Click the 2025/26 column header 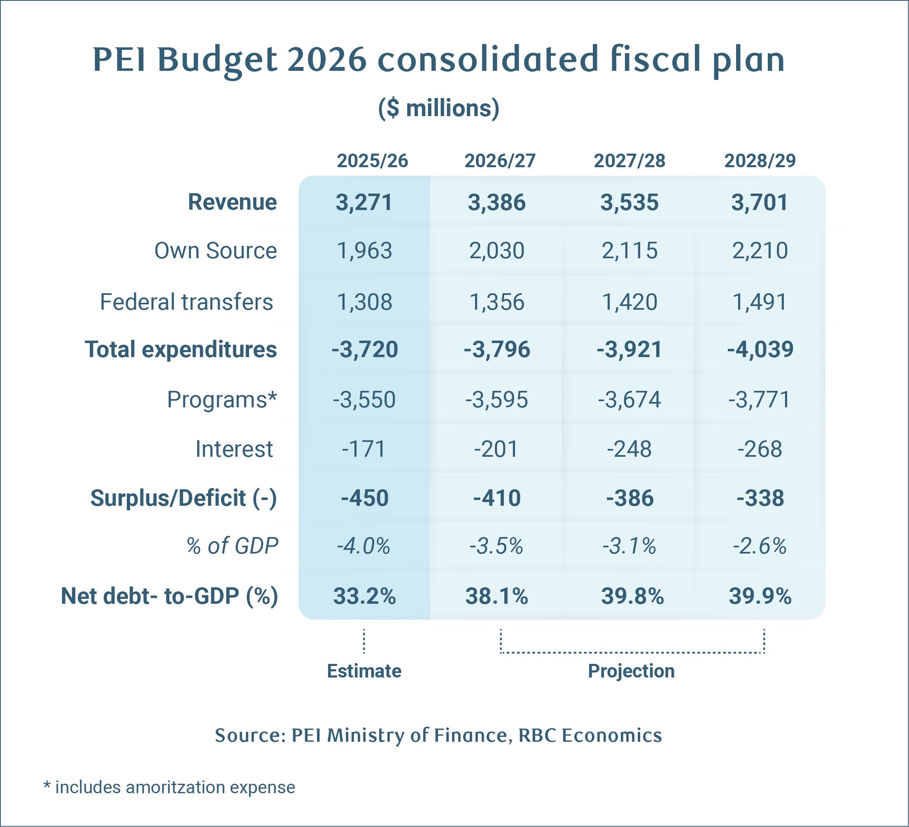point(373,161)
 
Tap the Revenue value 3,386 point(496,202)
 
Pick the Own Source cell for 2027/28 point(629,251)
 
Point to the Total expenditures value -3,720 point(365,349)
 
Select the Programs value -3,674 point(629,399)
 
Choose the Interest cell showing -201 point(496,449)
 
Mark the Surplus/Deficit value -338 point(760,498)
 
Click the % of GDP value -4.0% point(364,547)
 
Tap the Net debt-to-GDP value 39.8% point(632,596)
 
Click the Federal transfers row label point(186,302)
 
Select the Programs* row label point(222,399)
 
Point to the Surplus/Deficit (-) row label point(184,498)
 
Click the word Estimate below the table point(364,671)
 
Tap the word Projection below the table point(631,671)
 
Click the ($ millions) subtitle point(438,109)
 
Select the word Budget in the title point(217,60)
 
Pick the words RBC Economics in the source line point(590,735)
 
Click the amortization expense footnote point(169,787)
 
